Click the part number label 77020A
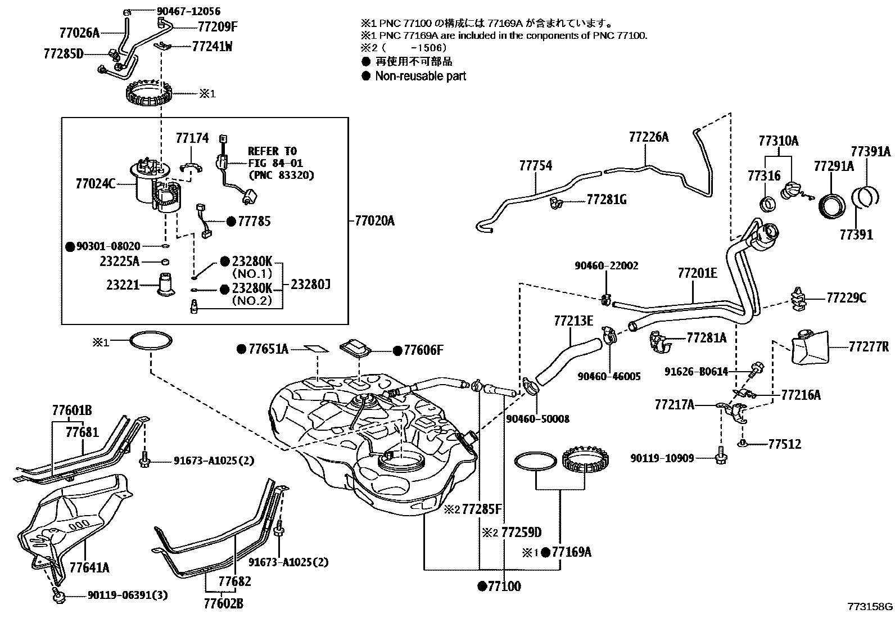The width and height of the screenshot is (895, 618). tap(374, 221)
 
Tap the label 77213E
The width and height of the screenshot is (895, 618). tap(573, 321)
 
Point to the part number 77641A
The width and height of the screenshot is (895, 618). tap(89, 567)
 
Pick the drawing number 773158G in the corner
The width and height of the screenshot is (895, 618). tap(869, 607)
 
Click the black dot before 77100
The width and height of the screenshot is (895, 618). tap(481, 587)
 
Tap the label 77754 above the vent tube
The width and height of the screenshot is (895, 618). tap(535, 165)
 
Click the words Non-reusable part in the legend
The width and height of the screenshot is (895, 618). tap(421, 76)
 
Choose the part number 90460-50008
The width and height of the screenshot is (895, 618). tap(537, 419)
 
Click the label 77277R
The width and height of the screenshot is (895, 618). tap(869, 347)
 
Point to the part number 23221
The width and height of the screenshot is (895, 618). tap(123, 285)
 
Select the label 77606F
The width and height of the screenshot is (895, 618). tap(423, 351)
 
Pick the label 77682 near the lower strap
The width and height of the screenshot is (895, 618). tap(235, 581)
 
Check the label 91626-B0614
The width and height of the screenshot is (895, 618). tap(696, 372)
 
